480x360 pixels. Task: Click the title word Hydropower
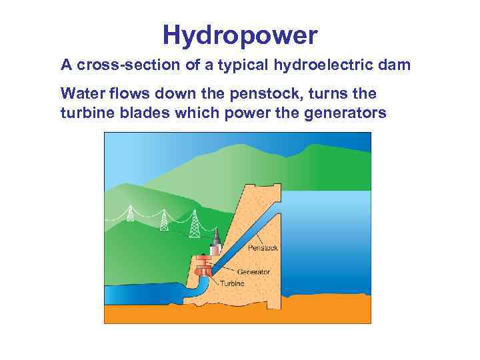[240, 36]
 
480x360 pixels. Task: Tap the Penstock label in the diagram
[263, 248]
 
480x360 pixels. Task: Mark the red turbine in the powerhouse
[203, 271]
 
